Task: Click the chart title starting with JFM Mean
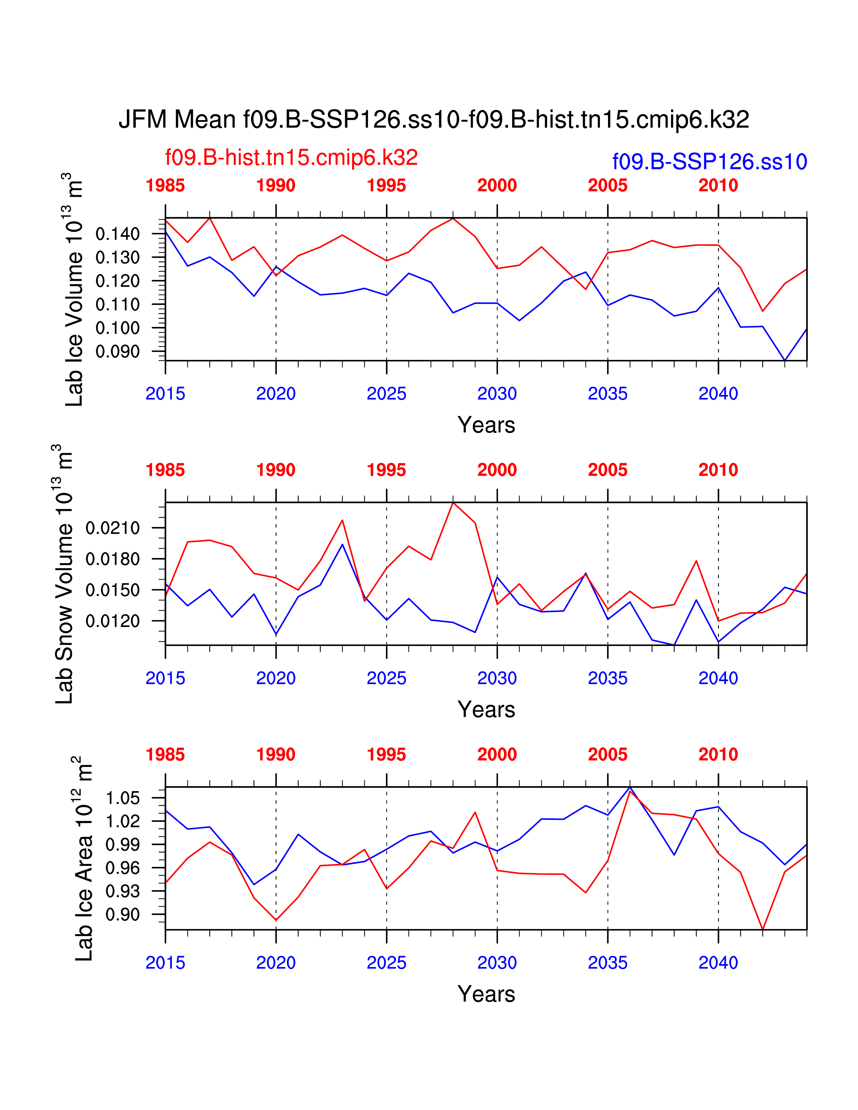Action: click(434, 120)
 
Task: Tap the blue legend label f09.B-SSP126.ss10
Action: click(710, 162)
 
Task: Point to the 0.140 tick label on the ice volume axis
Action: click(117, 234)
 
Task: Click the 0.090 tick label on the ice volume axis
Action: click(117, 352)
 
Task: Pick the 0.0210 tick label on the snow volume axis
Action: click(112, 528)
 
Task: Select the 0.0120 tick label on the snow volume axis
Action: click(112, 621)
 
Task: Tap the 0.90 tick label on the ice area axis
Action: click(122, 915)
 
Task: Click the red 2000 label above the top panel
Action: click(497, 186)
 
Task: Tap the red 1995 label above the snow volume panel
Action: click(386, 470)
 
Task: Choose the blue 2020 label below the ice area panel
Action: click(276, 963)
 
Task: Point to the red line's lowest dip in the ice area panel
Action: click(762, 929)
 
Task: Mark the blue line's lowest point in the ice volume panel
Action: click(785, 360)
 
